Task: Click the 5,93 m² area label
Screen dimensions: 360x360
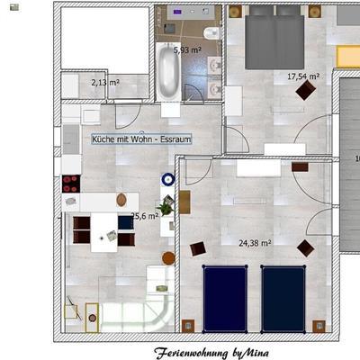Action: click(187, 50)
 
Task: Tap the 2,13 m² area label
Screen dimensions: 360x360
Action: click(105, 82)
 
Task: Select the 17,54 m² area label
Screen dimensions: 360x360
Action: click(303, 76)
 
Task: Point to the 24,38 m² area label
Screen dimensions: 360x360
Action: click(255, 243)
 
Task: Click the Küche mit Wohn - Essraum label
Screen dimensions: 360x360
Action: click(141, 139)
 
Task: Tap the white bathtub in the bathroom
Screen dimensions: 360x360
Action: click(168, 71)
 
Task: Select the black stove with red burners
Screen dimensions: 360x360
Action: click(71, 184)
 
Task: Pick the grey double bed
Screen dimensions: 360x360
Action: click(274, 38)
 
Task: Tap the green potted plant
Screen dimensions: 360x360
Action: click(166, 207)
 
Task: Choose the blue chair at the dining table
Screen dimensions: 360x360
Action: click(126, 222)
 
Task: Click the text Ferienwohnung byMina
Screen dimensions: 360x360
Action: click(211, 353)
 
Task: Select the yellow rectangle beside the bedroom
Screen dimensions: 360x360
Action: click(348, 57)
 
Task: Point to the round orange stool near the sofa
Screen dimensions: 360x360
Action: click(168, 258)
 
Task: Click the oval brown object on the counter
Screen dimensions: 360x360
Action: click(121, 200)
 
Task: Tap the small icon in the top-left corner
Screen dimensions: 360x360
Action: click(14, 7)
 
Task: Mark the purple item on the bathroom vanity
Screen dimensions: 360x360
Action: click(177, 12)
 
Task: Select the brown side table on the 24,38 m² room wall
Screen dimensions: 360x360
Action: click(184, 202)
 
